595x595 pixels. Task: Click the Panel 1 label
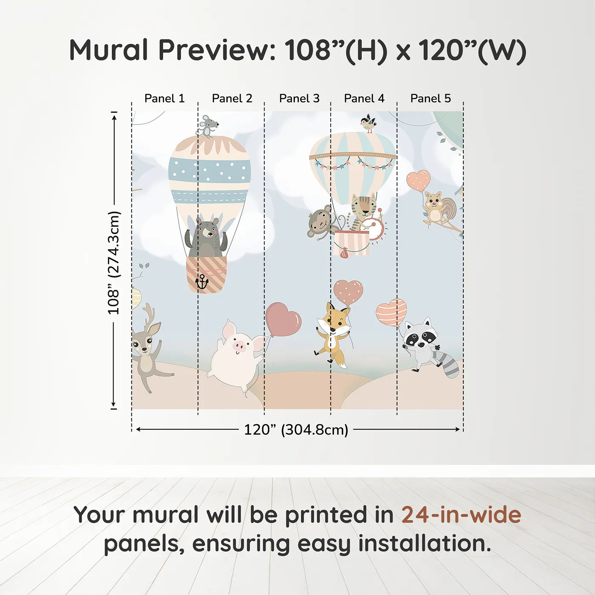164,99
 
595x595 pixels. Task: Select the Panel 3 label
299,99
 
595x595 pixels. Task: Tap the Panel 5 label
431,99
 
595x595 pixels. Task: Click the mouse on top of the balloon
208,126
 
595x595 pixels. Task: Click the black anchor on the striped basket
201,281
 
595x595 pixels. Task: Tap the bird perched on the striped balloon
368,123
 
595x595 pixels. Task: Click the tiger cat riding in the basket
363,210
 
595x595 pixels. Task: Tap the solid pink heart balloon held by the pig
283,319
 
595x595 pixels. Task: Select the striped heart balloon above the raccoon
391,312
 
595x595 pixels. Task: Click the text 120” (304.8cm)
296,430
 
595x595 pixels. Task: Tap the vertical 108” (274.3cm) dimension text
114,263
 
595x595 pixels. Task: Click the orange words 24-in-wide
461,515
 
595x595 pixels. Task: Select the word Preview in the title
217,50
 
